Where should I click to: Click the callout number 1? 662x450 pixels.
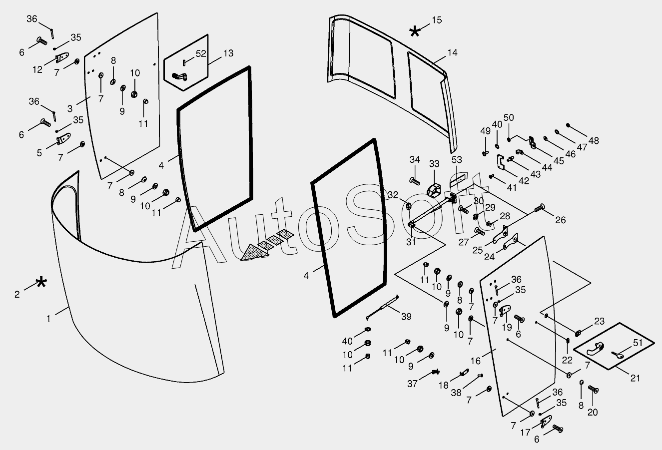click(48, 318)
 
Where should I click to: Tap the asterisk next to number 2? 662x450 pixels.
click(41, 283)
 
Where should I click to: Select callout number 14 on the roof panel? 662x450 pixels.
click(453, 52)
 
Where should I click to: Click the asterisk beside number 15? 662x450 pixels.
click(415, 32)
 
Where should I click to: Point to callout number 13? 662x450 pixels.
click(228, 53)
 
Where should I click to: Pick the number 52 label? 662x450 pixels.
click(201, 53)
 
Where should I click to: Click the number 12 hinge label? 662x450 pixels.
click(37, 69)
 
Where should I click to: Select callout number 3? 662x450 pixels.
click(70, 108)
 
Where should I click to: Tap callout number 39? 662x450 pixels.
click(406, 317)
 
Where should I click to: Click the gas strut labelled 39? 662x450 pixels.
click(383, 307)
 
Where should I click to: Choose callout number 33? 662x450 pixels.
click(434, 164)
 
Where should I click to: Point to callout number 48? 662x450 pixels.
click(594, 141)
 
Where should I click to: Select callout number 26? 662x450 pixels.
click(561, 220)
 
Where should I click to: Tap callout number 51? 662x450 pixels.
click(638, 343)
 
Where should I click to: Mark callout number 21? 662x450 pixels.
click(635, 378)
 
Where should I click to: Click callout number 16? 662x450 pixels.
click(475, 361)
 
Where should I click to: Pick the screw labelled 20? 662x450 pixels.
click(593, 390)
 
